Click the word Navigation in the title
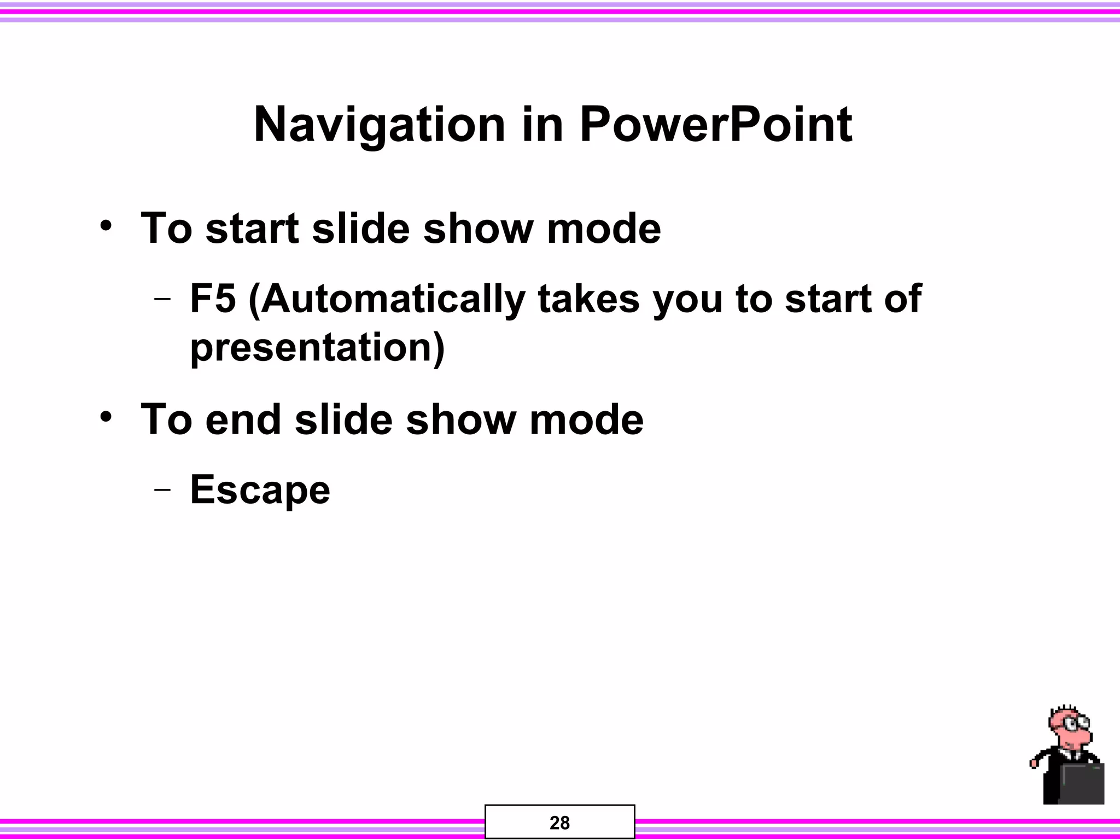(x=379, y=126)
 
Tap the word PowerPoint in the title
(x=715, y=126)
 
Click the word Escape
(x=260, y=490)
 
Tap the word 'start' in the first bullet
(x=252, y=229)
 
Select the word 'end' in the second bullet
(x=243, y=420)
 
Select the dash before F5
(x=162, y=300)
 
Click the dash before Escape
(x=162, y=489)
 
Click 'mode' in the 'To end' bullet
(x=586, y=420)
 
